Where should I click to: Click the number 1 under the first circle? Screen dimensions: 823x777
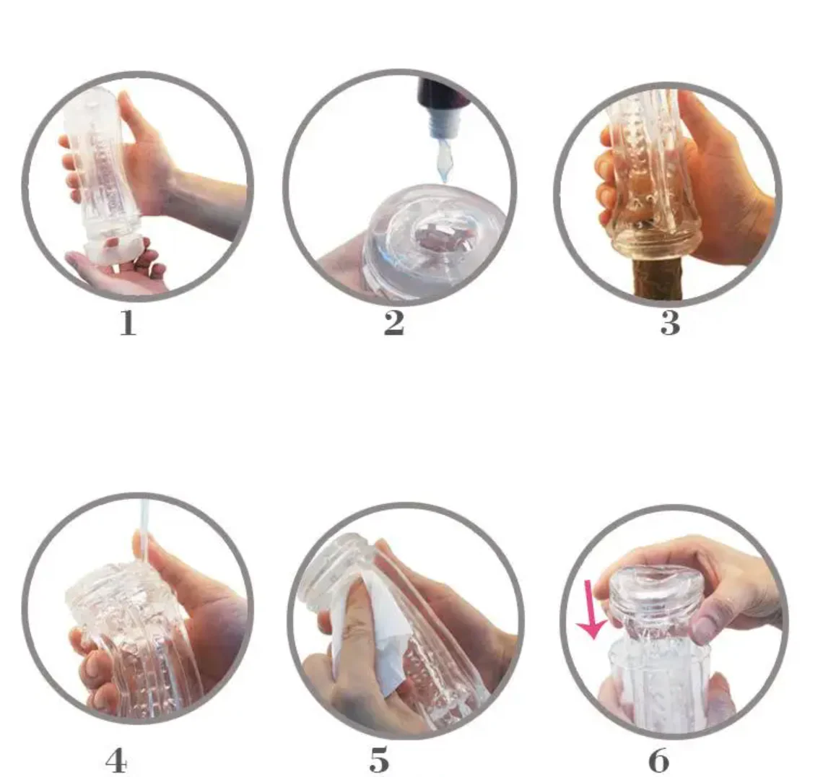128,323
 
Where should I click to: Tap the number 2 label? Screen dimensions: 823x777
394,323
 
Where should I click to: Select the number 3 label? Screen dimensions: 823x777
670,323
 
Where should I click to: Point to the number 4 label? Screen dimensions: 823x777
116,760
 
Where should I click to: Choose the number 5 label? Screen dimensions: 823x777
380,760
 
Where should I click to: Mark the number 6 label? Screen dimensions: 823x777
659,760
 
